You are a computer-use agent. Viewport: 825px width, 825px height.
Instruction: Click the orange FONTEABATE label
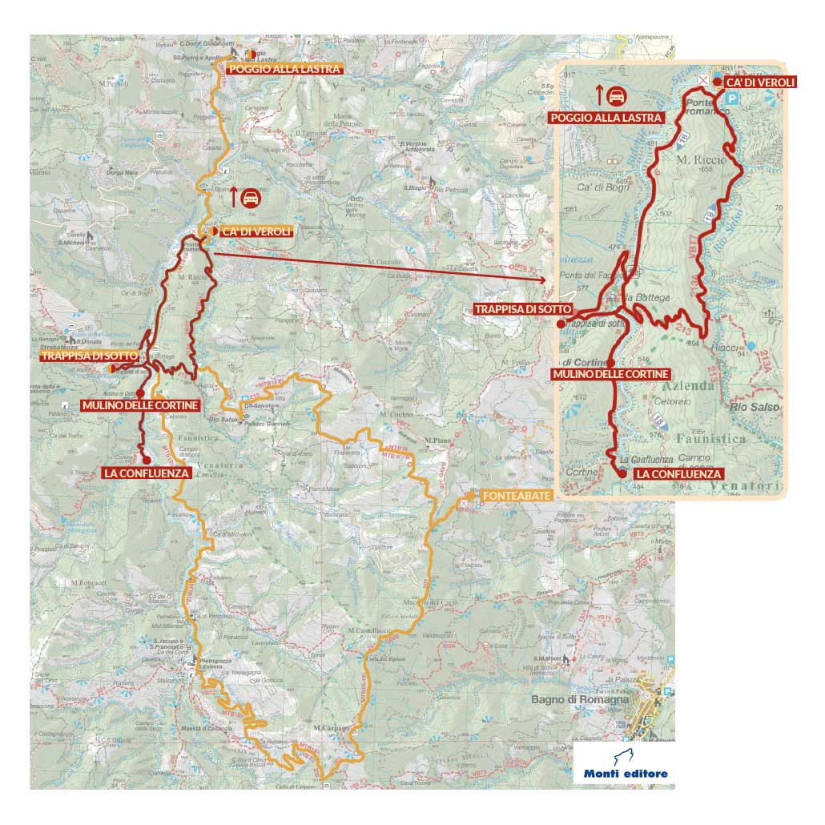point(516,497)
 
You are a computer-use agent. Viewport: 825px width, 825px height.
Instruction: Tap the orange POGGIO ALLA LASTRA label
point(285,70)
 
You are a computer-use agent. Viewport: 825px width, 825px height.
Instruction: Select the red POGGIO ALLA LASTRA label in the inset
point(607,118)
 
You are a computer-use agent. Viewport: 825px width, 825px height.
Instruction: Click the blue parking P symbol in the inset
point(732,98)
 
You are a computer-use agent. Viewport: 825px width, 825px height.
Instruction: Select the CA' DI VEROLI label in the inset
point(759,82)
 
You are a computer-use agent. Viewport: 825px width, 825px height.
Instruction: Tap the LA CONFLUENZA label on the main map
point(147,473)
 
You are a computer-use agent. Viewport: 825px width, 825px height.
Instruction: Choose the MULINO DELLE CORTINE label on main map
point(140,406)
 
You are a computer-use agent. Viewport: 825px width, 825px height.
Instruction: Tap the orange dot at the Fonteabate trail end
point(465,504)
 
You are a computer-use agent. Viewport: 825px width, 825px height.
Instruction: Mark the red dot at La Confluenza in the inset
point(622,474)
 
